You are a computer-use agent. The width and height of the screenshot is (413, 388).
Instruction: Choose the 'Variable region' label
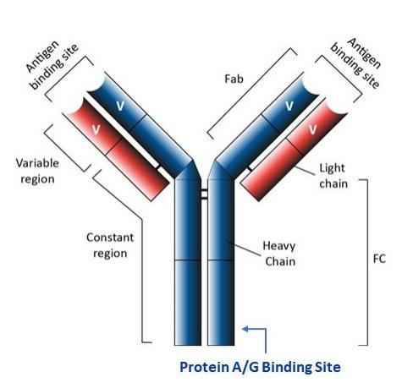[x=35, y=171]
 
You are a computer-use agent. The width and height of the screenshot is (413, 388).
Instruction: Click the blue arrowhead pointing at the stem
[x=245, y=330]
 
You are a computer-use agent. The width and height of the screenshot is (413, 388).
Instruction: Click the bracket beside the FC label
[x=366, y=261]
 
